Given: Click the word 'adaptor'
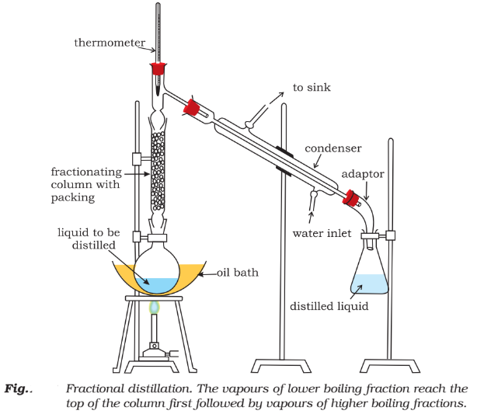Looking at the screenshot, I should click(364, 174).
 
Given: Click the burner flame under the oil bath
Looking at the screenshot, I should click(155, 308).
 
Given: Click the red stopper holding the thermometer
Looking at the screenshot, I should click(158, 69).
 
